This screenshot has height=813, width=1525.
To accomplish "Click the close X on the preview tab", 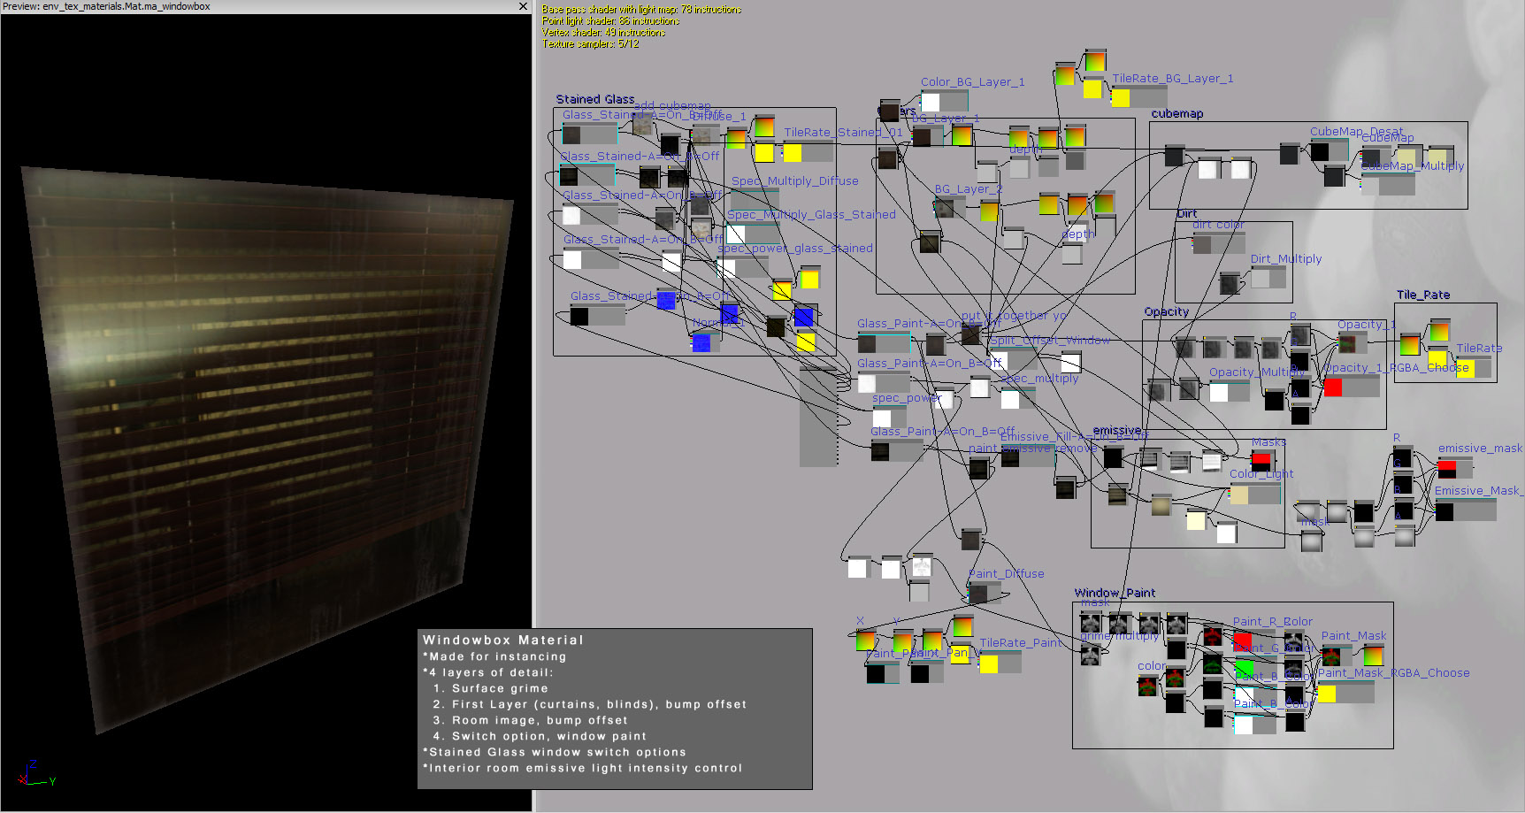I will click(523, 6).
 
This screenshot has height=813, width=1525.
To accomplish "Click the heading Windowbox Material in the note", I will click(502, 640).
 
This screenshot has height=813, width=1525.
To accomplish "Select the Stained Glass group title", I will click(594, 99).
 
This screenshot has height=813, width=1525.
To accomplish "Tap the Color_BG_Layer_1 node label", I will click(972, 82).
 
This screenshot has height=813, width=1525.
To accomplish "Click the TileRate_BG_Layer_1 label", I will click(1172, 79).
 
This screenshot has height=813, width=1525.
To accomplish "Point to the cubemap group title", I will click(1176, 113).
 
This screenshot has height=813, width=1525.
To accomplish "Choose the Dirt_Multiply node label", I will click(1285, 259).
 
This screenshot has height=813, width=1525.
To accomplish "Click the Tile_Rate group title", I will click(1422, 295).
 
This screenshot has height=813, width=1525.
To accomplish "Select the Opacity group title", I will click(1166, 311).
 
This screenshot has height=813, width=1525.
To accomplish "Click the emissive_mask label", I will click(1479, 449).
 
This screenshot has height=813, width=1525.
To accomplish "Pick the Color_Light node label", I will click(1261, 474).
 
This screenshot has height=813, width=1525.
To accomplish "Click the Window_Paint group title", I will click(1115, 593).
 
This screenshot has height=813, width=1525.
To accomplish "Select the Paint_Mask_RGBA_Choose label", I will click(1393, 673).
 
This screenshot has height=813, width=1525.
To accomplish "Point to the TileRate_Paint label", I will click(1020, 643).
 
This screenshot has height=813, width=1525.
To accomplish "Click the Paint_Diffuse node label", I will click(1007, 574).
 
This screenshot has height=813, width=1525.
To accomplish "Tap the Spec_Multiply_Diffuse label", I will click(794, 181).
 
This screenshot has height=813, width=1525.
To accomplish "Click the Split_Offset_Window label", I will click(1049, 341).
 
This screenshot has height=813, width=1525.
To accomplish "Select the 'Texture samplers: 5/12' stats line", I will click(590, 43).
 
